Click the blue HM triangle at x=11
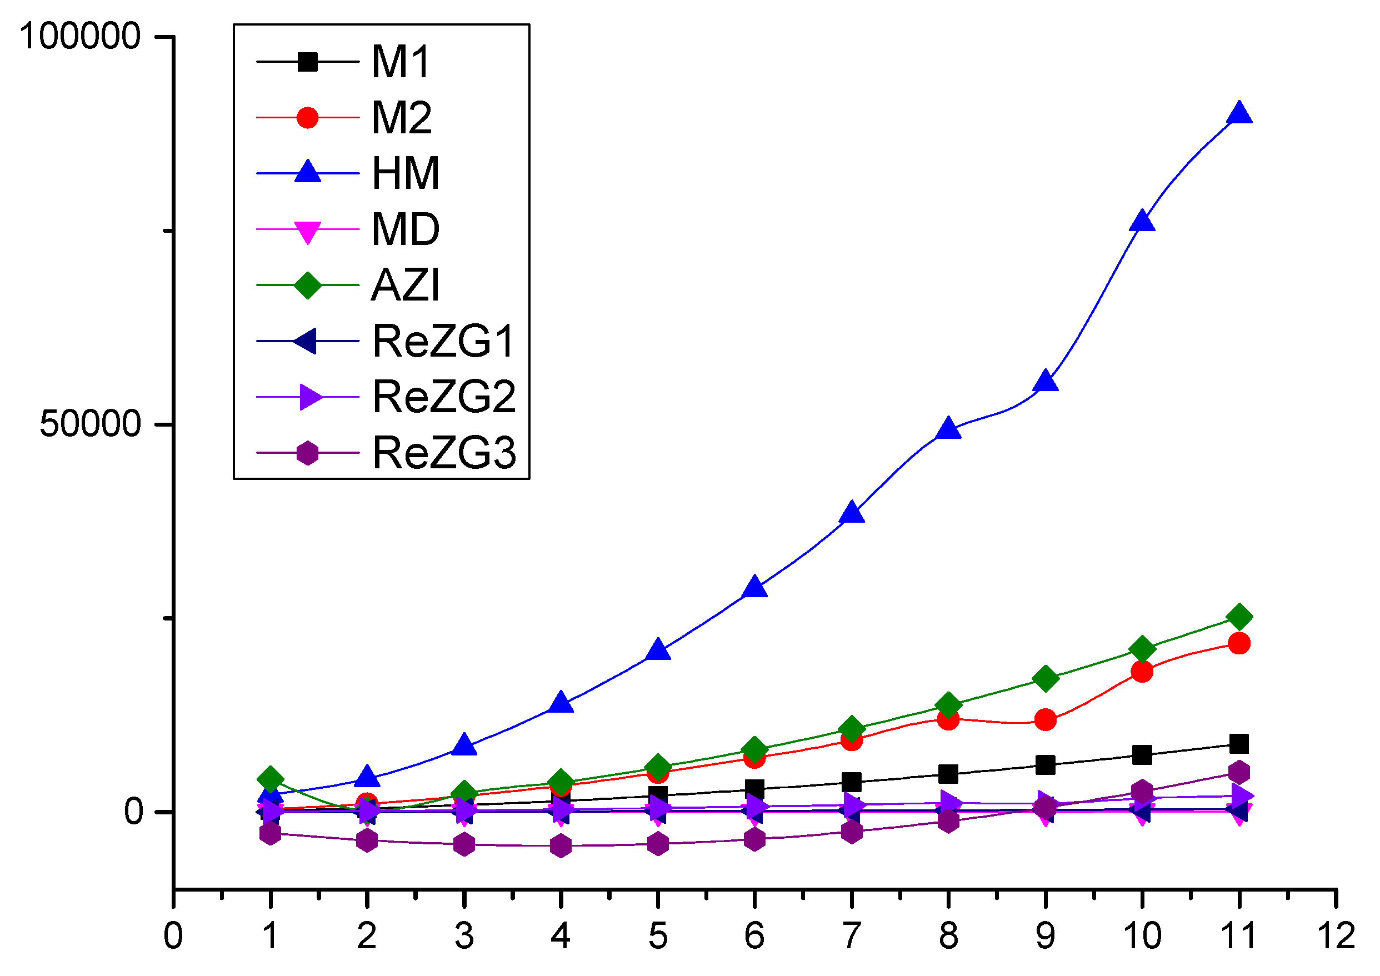(x=1239, y=113)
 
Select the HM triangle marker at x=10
(x=1142, y=222)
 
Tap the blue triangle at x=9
(x=1045, y=382)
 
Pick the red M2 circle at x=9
(x=1045, y=719)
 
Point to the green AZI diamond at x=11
(x=1239, y=617)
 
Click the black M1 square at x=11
(x=1239, y=744)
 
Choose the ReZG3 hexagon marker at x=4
(x=561, y=846)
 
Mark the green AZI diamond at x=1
(x=271, y=779)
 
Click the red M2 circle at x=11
(x=1239, y=644)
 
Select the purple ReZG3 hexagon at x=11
(x=1239, y=772)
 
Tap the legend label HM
(x=406, y=174)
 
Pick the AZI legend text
(x=406, y=286)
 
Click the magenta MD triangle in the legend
(x=307, y=232)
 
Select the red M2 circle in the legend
(x=307, y=118)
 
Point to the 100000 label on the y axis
(x=80, y=36)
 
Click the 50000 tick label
(x=90, y=424)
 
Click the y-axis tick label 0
(x=133, y=812)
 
